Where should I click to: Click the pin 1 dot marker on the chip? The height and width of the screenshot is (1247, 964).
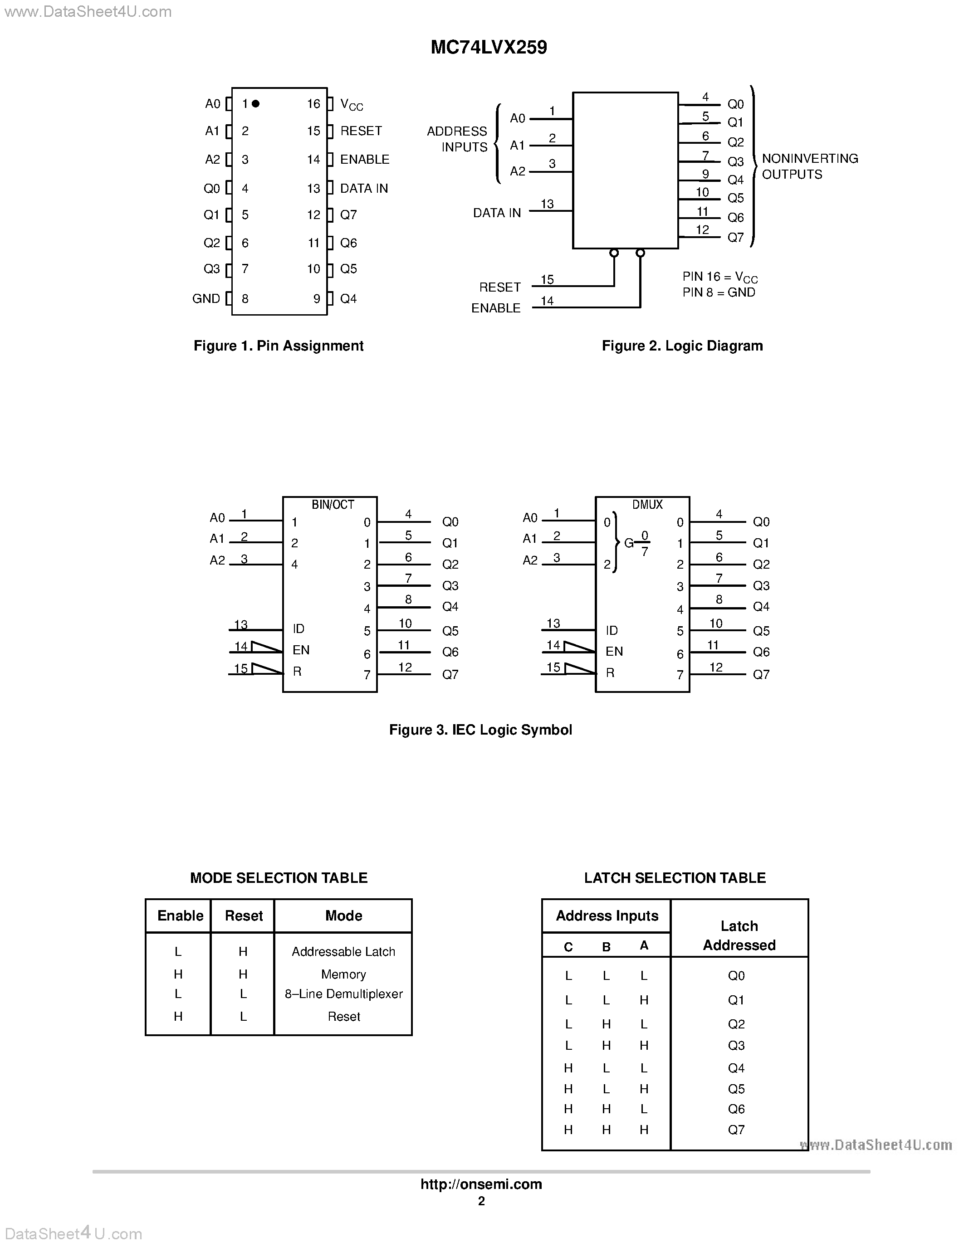click(x=256, y=103)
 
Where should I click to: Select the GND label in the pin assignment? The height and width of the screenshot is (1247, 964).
click(x=206, y=299)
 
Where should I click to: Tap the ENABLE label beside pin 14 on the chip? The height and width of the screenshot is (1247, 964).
click(x=364, y=159)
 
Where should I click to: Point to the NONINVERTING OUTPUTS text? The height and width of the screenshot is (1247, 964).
click(x=809, y=166)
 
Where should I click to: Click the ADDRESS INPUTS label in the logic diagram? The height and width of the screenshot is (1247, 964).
click(x=457, y=139)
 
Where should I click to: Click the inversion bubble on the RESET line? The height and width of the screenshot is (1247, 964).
click(x=614, y=253)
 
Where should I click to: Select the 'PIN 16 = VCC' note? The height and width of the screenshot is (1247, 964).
click(x=719, y=277)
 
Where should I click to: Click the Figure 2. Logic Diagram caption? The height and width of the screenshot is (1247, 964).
click(x=682, y=346)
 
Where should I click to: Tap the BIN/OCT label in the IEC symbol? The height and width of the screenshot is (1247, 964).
click(x=333, y=505)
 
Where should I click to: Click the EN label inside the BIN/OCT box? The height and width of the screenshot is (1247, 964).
click(x=301, y=650)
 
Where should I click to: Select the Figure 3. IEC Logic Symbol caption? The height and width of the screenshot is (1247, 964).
click(x=480, y=730)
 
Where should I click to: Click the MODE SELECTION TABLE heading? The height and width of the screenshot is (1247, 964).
click(x=279, y=877)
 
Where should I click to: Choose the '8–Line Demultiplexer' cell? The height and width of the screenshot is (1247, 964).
click(x=343, y=994)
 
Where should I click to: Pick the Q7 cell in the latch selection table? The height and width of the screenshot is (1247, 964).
click(x=736, y=1130)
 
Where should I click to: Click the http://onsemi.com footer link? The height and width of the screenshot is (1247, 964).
click(x=481, y=1184)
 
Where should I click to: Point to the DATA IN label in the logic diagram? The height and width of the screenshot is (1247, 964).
click(x=497, y=213)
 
